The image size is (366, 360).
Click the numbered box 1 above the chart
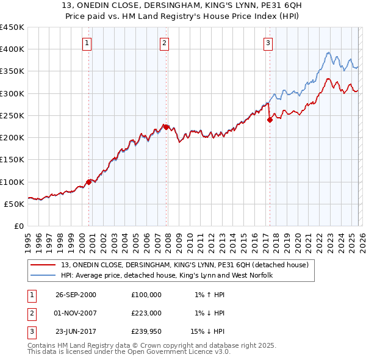pos(88,43)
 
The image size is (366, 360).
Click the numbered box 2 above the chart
pos(165,43)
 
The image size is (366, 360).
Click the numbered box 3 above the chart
pos(268,43)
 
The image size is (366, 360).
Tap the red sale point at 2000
pos(89,182)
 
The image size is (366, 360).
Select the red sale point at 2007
pos(166,127)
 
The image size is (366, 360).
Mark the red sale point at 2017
pos(270,120)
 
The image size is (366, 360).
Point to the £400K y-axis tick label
pos(12,49)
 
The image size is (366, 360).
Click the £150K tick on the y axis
pos(12,160)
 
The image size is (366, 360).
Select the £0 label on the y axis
pos(19,226)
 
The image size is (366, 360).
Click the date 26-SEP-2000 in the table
pos(76,295)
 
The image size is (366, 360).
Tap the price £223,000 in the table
pos(146,313)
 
